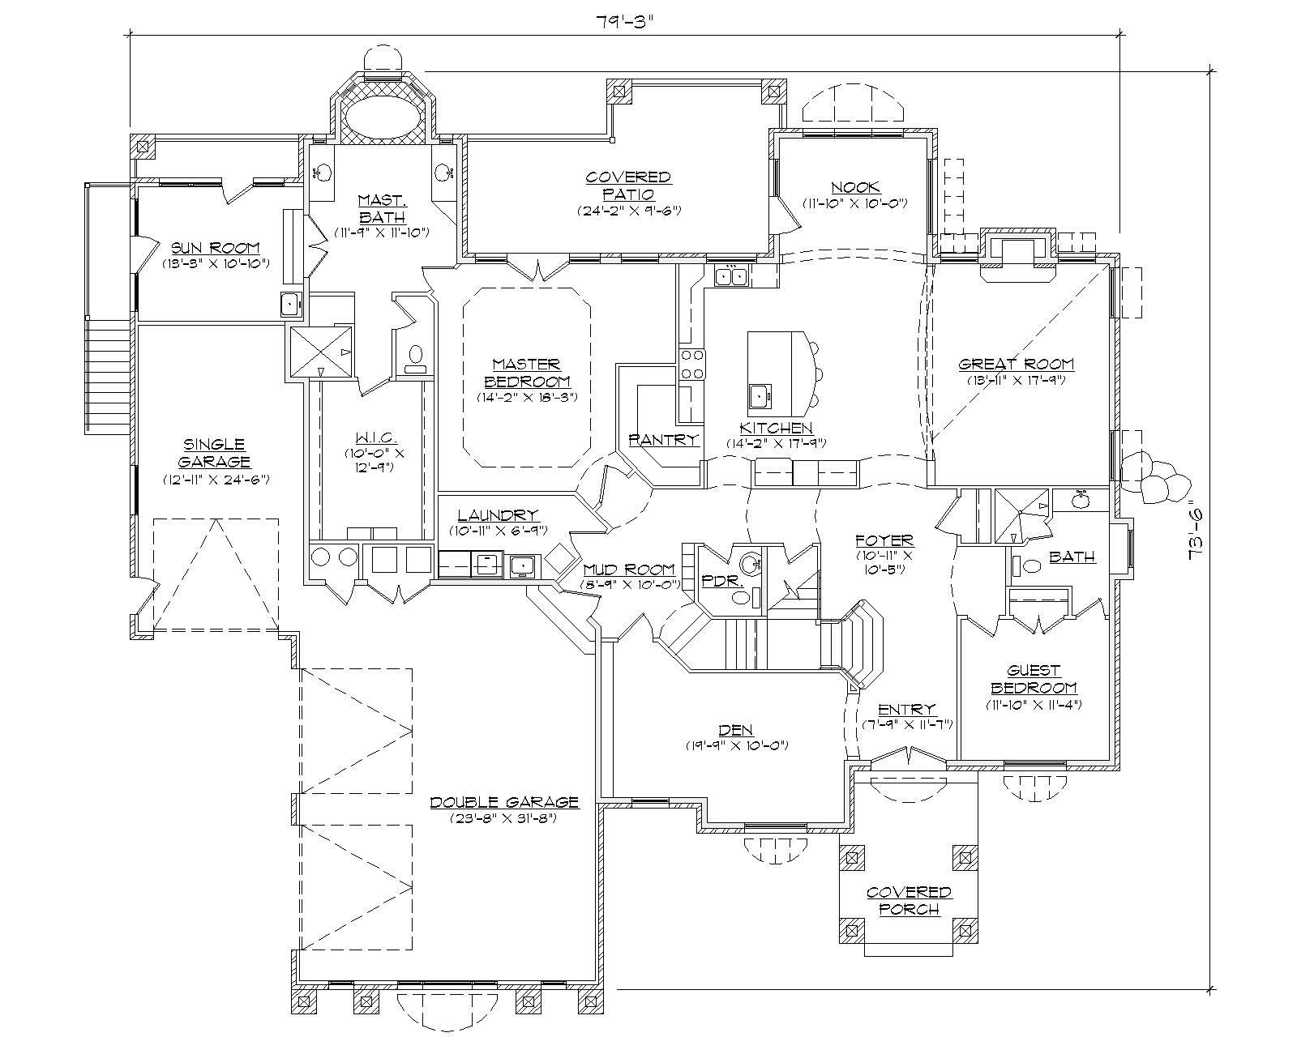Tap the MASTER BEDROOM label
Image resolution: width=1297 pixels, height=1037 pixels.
527,373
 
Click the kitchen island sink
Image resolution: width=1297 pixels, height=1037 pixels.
760,396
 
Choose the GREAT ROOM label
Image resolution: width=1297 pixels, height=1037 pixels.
1016,365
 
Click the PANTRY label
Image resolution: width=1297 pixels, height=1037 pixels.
664,439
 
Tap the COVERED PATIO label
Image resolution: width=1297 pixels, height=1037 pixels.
628,186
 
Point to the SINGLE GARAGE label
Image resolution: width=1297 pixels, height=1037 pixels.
214,453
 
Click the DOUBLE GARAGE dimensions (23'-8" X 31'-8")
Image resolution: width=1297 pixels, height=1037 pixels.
503,817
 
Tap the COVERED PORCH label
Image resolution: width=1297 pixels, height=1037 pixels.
909,901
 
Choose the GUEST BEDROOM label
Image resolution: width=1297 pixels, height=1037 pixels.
1034,679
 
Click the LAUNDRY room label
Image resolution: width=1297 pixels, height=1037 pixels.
497,515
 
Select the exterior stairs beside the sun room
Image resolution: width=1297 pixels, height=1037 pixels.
109,378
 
